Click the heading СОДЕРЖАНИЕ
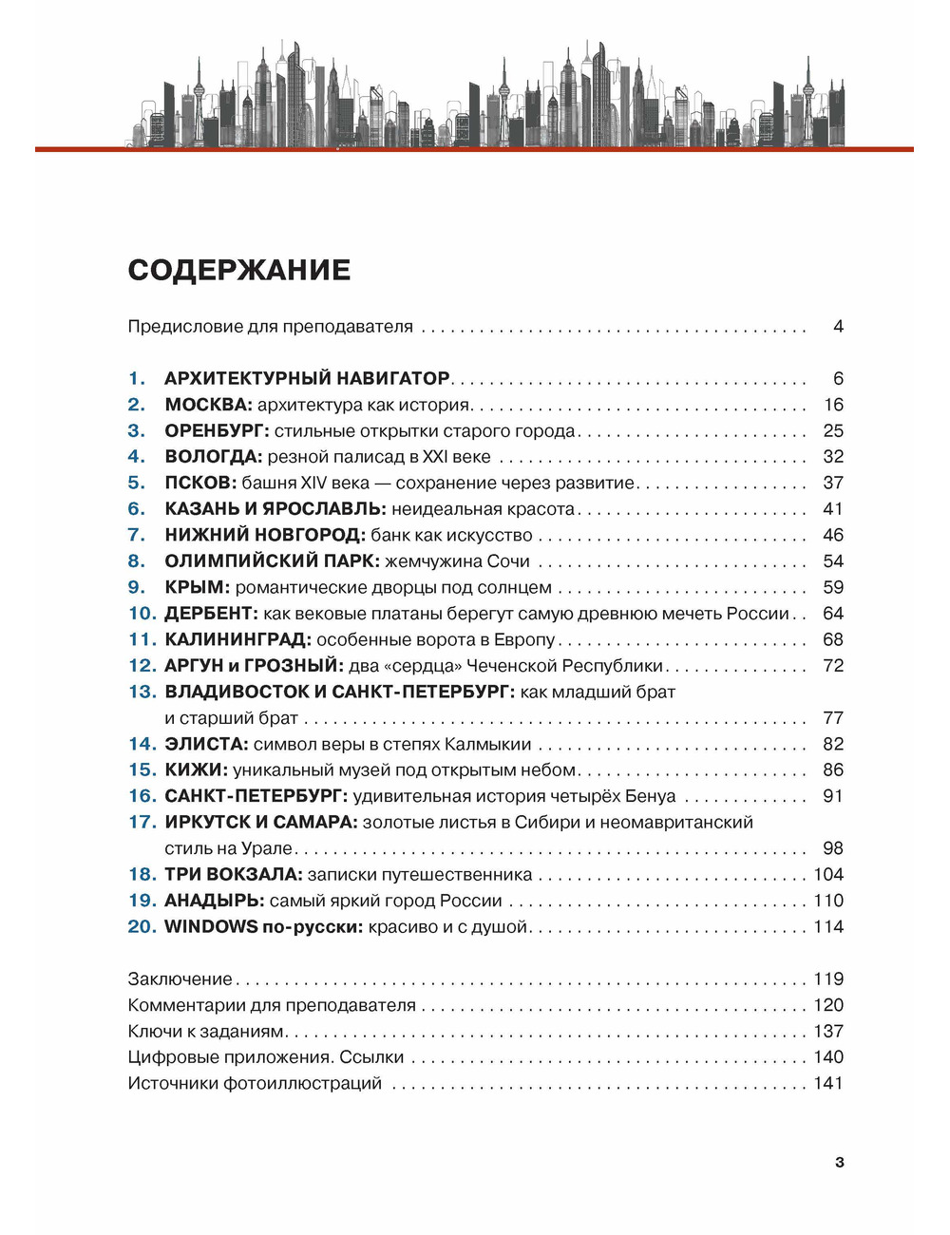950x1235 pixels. point(239,270)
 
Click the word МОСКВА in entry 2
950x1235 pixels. point(208,405)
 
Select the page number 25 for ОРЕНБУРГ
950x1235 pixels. point(833,430)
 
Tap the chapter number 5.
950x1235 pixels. point(137,483)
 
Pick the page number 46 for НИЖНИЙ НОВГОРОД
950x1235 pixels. point(833,535)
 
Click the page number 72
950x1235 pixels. point(833,666)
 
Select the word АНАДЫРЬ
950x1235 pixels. point(214,901)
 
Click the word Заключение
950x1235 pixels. point(180,978)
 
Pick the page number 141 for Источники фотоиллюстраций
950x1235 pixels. point(828,1083)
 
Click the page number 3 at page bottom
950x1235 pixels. point(839,1162)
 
